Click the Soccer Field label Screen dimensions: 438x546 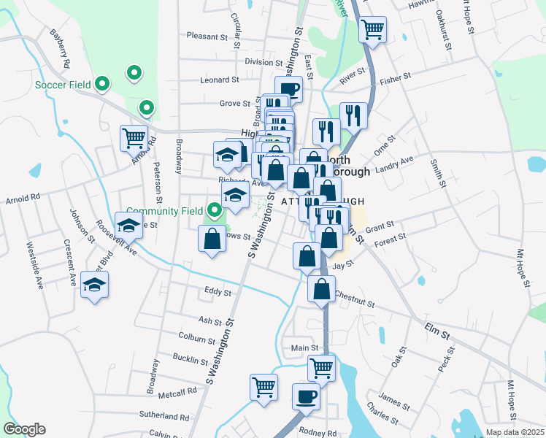(64, 85)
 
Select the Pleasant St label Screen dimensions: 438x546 (207, 36)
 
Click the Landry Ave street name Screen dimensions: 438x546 (394, 164)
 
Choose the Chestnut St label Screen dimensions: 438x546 (354, 299)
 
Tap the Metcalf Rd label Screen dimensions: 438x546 (181, 391)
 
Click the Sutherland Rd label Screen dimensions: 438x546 (165, 416)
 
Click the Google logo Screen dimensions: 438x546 (24, 429)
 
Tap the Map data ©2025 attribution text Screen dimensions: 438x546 (513, 432)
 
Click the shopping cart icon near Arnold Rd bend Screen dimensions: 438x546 (134, 137)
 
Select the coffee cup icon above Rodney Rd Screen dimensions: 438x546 (306, 396)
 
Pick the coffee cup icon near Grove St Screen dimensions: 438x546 (288, 89)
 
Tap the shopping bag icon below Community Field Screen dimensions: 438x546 (212, 239)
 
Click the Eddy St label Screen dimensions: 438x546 (218, 293)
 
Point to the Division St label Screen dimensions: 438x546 (264, 62)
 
